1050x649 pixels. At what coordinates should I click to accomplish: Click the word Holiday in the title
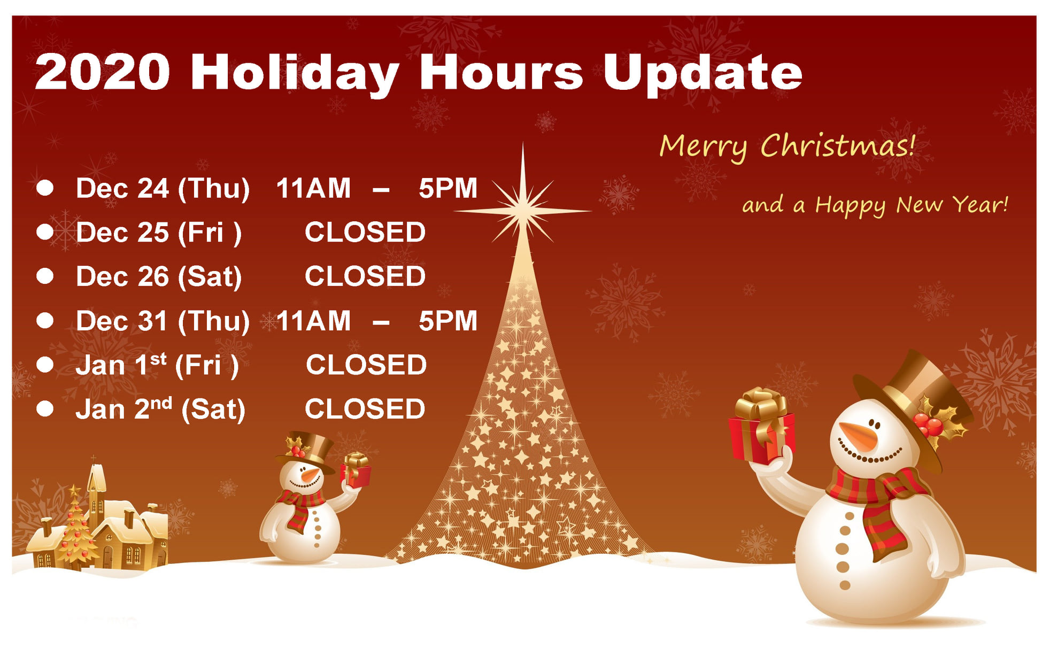294,74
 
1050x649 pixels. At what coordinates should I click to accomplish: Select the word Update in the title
702,74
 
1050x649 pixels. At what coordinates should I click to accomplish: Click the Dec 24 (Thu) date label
163,189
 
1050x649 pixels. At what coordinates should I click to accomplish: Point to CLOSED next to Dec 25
365,233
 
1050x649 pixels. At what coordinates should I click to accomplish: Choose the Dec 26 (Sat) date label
159,277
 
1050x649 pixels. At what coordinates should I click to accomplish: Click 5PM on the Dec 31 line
448,321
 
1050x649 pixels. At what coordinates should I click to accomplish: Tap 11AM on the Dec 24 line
313,188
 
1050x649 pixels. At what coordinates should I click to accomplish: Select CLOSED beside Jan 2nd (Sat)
365,410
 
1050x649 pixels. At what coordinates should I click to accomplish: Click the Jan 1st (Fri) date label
157,366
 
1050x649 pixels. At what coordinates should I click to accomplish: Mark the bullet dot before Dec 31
45,321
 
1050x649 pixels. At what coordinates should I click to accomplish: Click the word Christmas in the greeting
837,145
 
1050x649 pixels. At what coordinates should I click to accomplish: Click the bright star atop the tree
523,210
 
